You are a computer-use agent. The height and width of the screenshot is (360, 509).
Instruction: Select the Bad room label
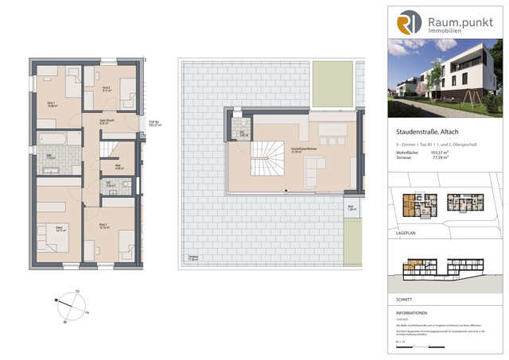coord(50,156)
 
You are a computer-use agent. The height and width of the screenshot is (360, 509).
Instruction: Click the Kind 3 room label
coord(103,226)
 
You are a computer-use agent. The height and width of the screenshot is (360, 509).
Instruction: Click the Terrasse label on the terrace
coord(193,258)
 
